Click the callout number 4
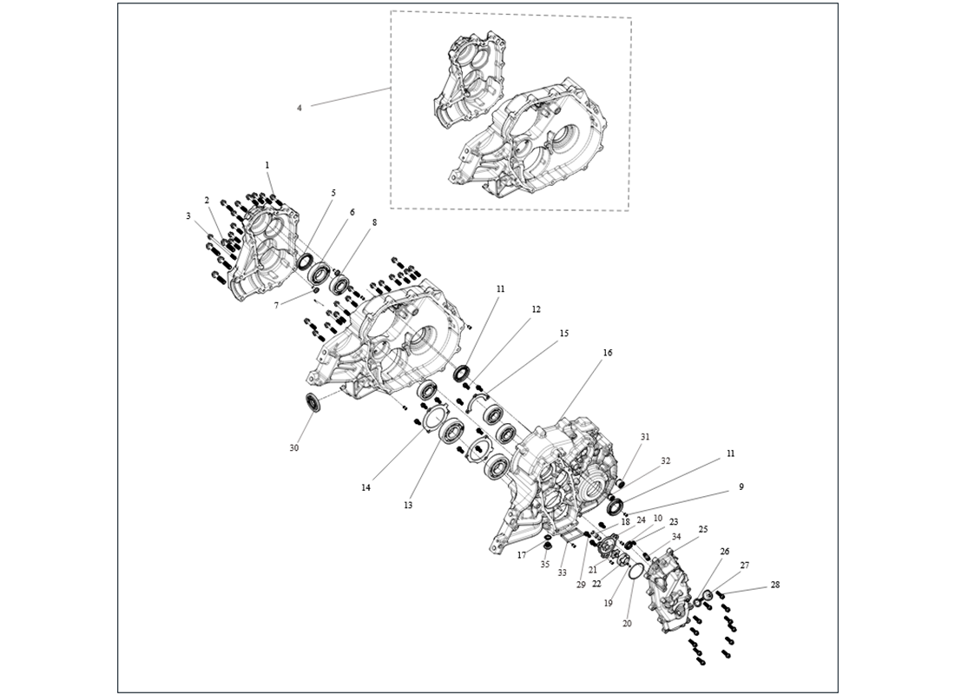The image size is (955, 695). pos(300,108)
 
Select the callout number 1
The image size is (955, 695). pos(267,164)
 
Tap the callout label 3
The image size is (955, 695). pos(188,215)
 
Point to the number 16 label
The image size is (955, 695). pos(608,353)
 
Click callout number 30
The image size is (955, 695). pos(294,447)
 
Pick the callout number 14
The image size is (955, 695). pos(366,488)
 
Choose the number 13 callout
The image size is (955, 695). pos(408,505)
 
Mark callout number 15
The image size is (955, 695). pos(564,333)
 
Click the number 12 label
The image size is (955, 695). pos(537,309)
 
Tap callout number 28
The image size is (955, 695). pos(775,585)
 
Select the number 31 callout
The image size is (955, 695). pos(645,436)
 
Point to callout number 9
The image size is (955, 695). pos(741,487)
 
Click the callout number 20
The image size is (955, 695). pos(627,623)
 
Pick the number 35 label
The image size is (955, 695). pos(545,564)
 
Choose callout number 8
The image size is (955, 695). pos(375,222)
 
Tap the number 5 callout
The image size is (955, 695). pos(333,192)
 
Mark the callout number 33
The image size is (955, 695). pos(563,573)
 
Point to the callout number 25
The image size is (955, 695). pos(702,529)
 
